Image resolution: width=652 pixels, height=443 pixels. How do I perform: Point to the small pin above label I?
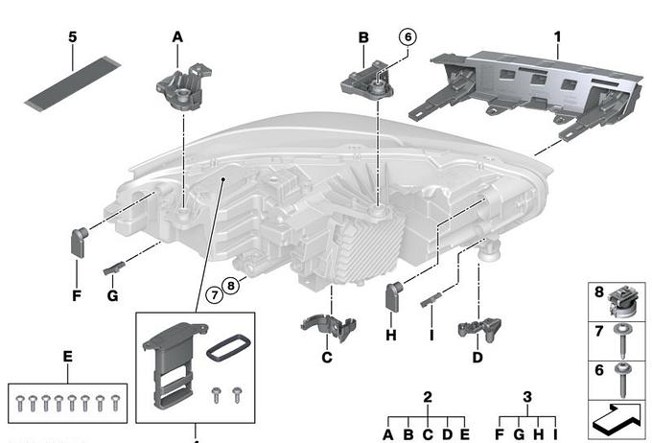[x=429, y=300]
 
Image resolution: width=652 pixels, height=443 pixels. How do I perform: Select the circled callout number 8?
[x=230, y=283]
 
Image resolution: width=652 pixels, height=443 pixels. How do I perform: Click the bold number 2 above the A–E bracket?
[x=428, y=396]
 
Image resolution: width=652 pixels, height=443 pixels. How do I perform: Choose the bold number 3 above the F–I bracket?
[x=527, y=396]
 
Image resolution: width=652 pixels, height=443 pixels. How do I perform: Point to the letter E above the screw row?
[x=67, y=357]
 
